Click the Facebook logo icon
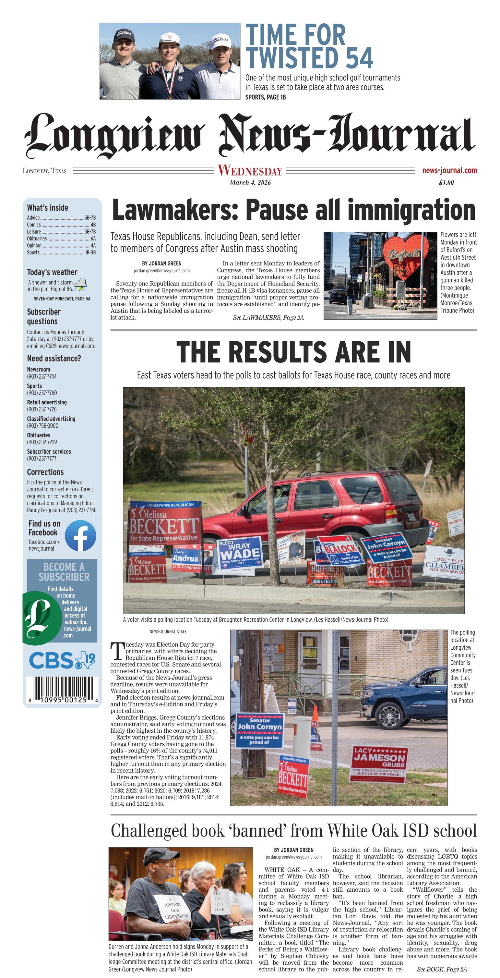[80, 535]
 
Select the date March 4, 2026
[250, 183]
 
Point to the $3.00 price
[446, 183]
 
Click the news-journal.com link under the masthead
[449, 170]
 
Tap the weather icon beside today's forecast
[80, 284]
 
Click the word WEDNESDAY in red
[250, 171]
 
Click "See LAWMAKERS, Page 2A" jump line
[268, 317]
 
